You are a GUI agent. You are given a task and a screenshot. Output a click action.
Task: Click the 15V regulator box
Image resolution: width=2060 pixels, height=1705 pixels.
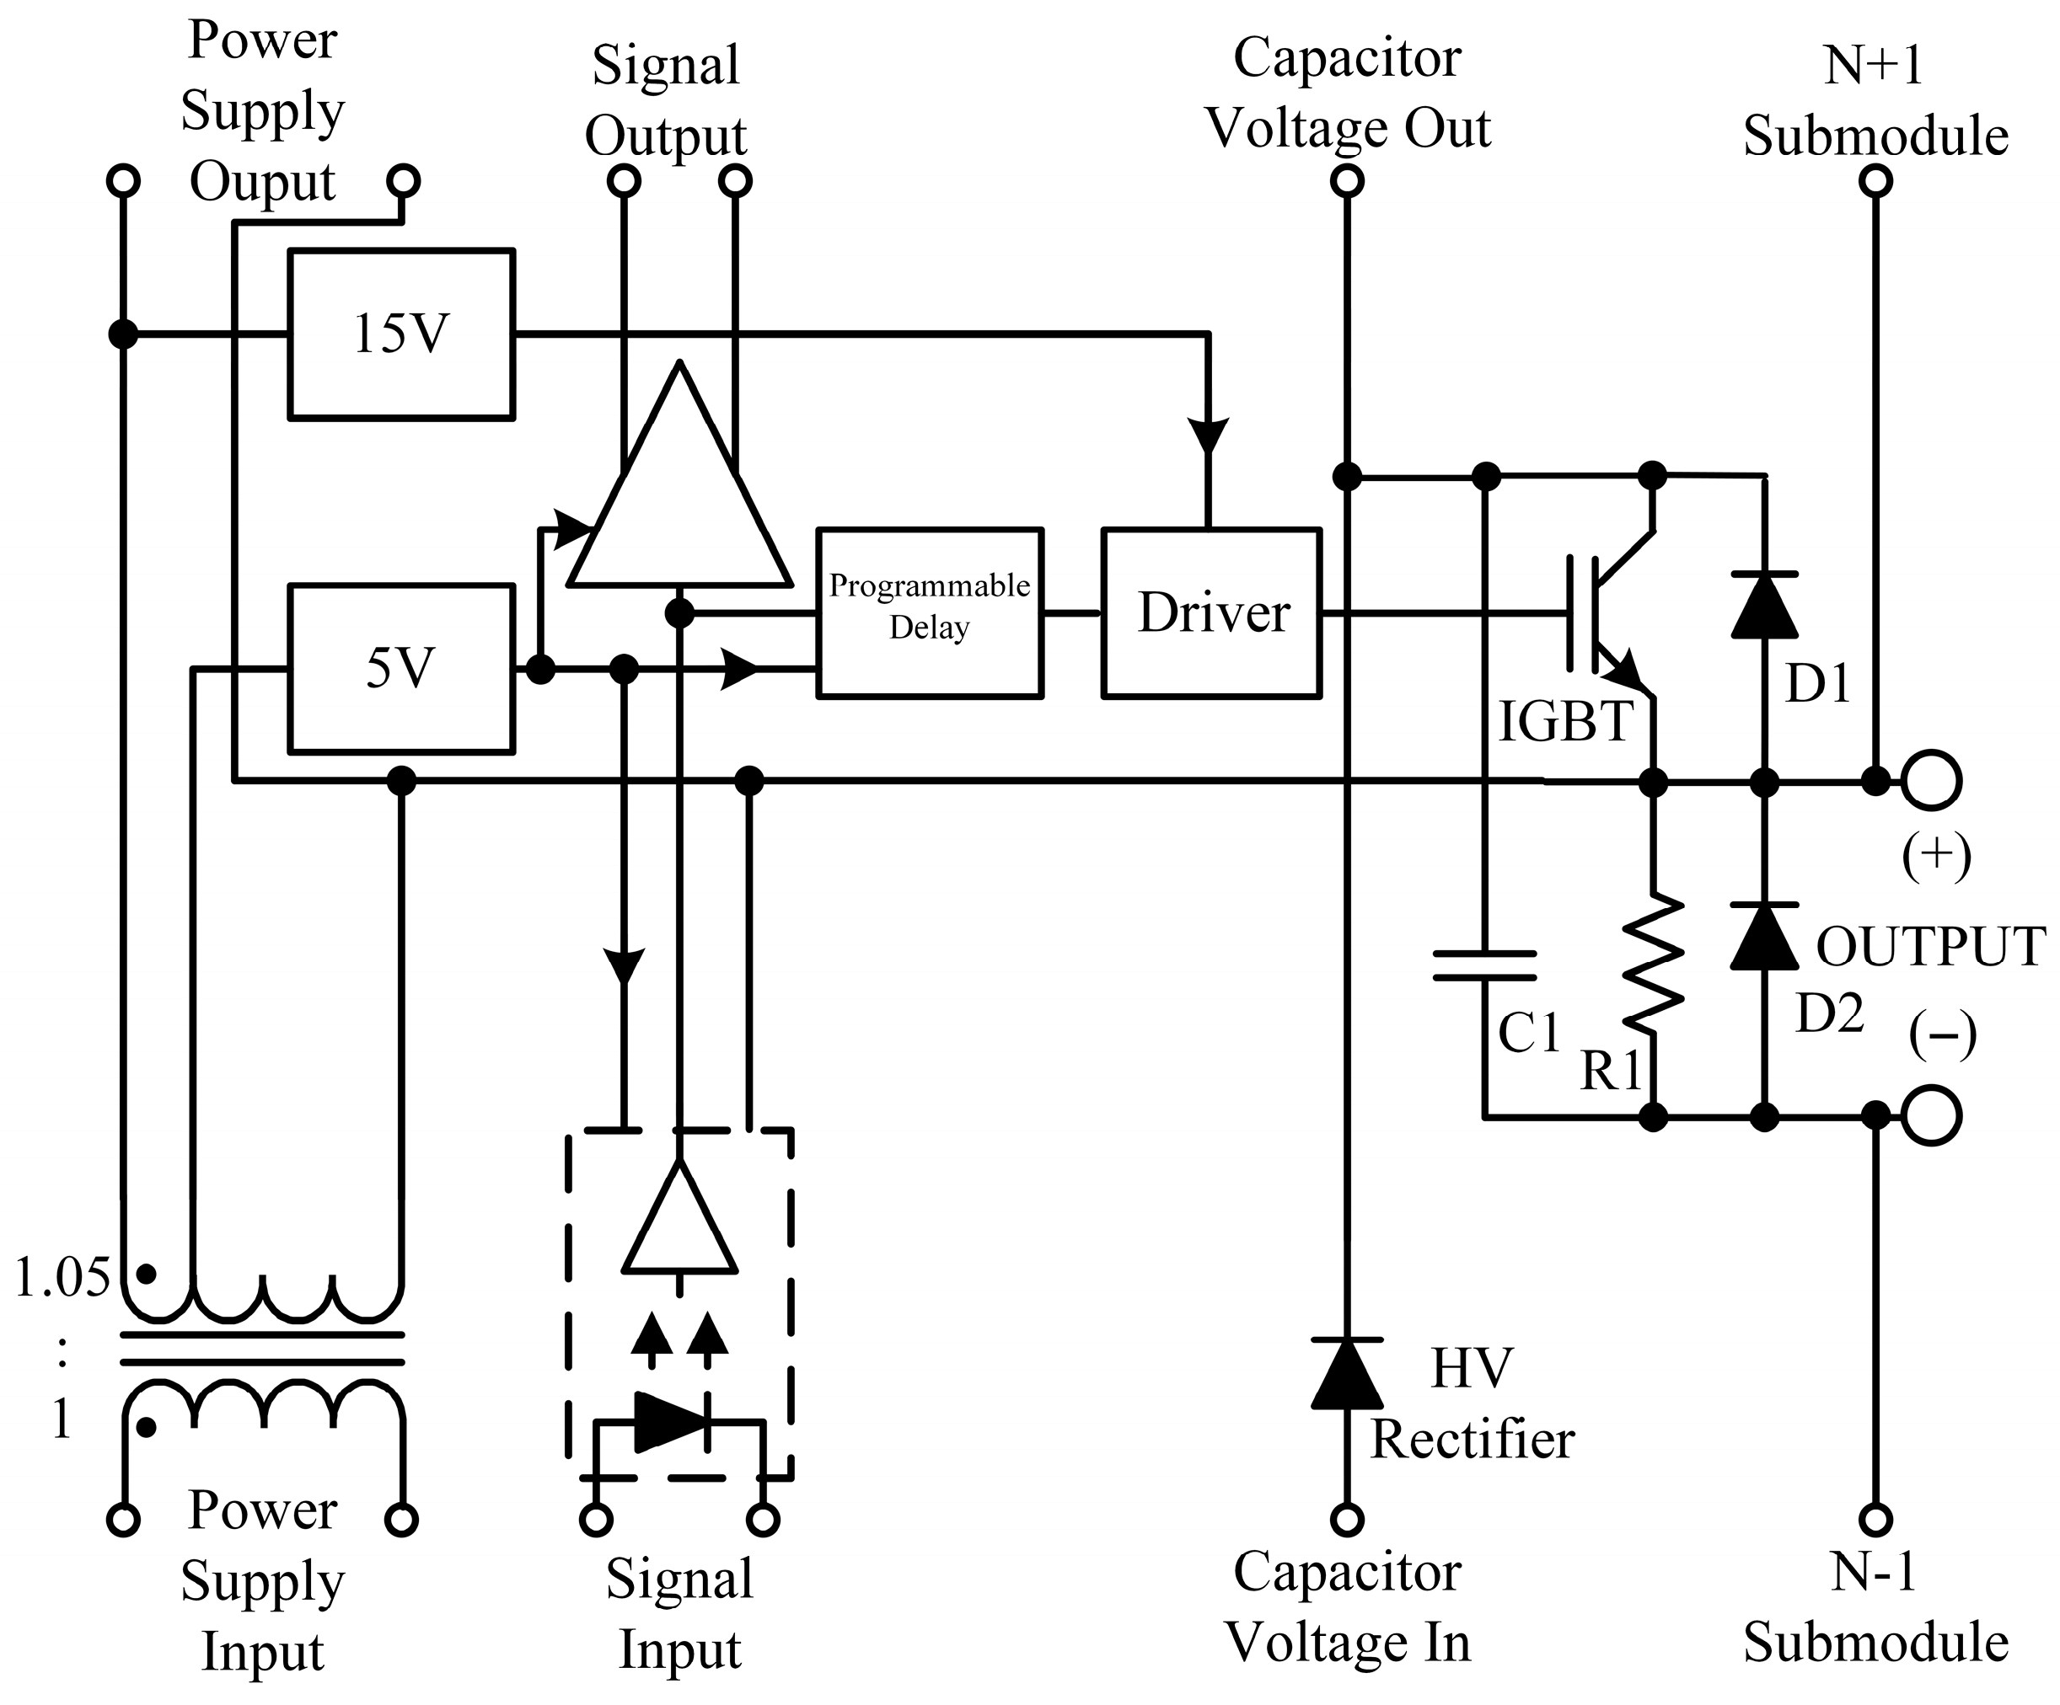click(x=401, y=334)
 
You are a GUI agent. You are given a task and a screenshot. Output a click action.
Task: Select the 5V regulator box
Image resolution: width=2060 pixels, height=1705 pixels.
click(x=401, y=669)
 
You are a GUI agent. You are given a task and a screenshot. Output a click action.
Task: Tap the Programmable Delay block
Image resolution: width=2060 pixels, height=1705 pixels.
click(x=929, y=612)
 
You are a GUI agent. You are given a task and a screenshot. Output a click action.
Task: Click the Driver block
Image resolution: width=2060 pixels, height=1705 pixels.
click(x=1211, y=612)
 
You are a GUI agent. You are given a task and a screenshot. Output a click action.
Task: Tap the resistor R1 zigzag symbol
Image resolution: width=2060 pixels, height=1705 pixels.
click(x=1654, y=963)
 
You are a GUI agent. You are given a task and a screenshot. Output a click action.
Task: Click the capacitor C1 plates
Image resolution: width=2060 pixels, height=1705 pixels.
click(x=1485, y=965)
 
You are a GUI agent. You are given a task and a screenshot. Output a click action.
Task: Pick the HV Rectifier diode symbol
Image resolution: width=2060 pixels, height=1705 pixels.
click(x=1347, y=1372)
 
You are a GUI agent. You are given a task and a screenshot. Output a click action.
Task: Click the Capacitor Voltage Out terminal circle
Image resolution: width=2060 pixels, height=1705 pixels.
click(x=1347, y=181)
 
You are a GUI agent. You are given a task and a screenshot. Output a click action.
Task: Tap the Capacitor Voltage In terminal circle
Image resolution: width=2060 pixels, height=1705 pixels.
click(x=1347, y=1520)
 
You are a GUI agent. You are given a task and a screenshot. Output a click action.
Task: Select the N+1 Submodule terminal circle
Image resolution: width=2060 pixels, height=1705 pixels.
click(x=1875, y=181)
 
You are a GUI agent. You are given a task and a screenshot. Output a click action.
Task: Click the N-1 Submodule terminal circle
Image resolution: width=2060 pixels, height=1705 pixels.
click(x=1875, y=1520)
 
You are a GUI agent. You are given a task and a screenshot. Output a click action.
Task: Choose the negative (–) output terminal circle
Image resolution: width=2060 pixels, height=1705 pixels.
click(x=1932, y=1116)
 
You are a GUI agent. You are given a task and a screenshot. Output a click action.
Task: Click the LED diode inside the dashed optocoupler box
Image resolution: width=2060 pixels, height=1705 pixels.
click(x=671, y=1422)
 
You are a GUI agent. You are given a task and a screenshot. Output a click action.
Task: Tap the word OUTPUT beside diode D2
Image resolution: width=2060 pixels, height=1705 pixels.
click(x=1930, y=946)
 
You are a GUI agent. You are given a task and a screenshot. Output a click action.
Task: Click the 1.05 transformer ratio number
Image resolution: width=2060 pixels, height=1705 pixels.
click(x=62, y=1278)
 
